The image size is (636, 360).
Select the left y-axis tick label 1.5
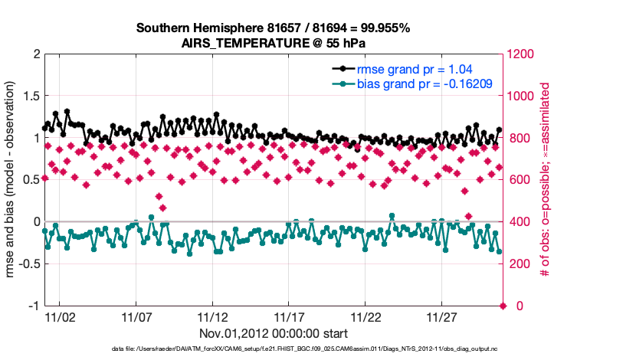click(30, 97)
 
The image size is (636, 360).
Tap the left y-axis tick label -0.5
click(27, 264)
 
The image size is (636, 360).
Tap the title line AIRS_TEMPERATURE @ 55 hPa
click(273, 43)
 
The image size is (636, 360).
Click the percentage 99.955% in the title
click(383, 28)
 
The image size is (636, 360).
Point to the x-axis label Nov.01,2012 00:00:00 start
click(274, 334)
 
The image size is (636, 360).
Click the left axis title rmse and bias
click(11, 180)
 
